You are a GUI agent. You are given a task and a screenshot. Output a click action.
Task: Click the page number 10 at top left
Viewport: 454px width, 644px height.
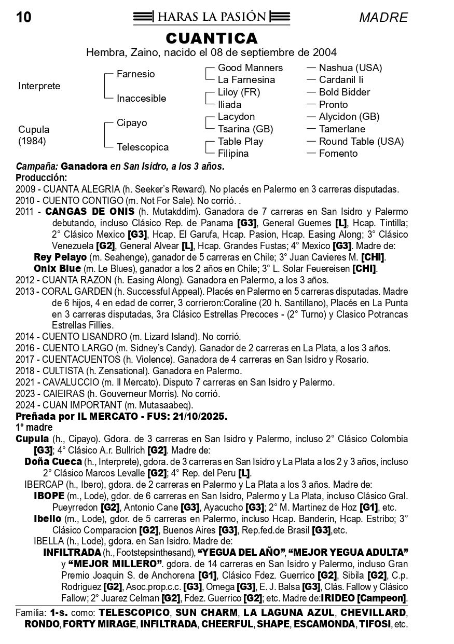[24, 18]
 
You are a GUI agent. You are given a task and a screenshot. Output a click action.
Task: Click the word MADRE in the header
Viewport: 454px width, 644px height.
[383, 18]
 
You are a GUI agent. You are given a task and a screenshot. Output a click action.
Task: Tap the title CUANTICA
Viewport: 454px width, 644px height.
[212, 38]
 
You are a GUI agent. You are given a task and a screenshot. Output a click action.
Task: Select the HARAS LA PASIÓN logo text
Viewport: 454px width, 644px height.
[212, 17]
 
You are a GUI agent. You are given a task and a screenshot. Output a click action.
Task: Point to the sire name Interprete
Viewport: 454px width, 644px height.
[39, 86]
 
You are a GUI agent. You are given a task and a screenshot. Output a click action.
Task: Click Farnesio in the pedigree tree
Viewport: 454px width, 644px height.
[135, 74]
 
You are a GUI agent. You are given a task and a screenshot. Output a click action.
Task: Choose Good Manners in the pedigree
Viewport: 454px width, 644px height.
[250, 68]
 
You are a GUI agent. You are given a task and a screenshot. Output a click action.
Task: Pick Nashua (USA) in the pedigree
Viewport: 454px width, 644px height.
[350, 68]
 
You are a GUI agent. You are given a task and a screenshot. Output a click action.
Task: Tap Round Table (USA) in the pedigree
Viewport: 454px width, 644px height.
[361, 142]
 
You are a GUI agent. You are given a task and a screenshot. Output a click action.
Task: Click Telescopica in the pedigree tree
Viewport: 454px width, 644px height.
[142, 147]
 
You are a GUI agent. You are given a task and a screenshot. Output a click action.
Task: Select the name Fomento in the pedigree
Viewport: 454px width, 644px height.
[338, 154]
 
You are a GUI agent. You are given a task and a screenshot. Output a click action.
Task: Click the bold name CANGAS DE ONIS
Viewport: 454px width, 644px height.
[90, 212]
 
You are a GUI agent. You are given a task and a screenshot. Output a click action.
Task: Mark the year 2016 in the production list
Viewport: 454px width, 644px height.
[25, 348]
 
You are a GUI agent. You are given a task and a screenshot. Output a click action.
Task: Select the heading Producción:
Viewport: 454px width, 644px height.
[42, 178]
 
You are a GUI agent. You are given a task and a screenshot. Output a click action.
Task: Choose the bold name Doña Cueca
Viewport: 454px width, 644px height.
[53, 462]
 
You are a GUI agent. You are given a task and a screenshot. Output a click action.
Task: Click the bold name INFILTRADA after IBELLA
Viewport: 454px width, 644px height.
[72, 552]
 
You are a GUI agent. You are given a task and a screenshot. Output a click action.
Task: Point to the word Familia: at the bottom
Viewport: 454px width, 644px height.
[31, 612]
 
